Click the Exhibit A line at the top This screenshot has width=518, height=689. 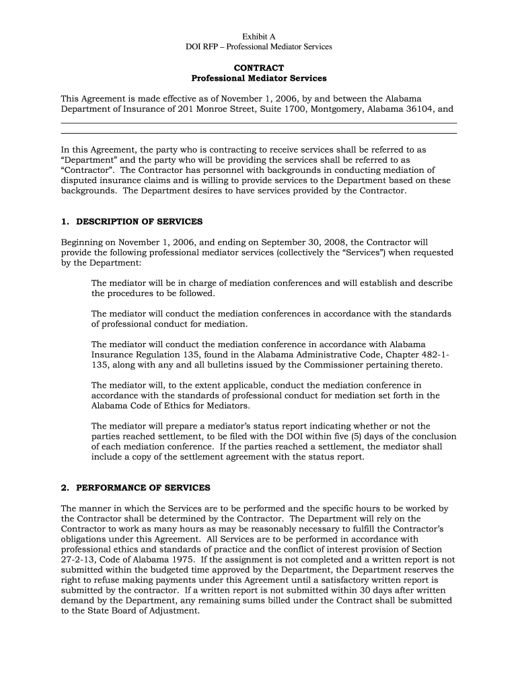[259, 36]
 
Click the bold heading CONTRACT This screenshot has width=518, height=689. [259, 68]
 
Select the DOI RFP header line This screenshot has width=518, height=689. [259, 46]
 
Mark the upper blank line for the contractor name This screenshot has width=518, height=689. [259, 122]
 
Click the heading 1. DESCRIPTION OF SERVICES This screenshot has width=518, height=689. [131, 221]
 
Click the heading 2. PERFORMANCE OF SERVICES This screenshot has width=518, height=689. [135, 487]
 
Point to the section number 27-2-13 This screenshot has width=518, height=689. [79, 549]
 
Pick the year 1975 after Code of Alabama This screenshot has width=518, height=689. [178, 549]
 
